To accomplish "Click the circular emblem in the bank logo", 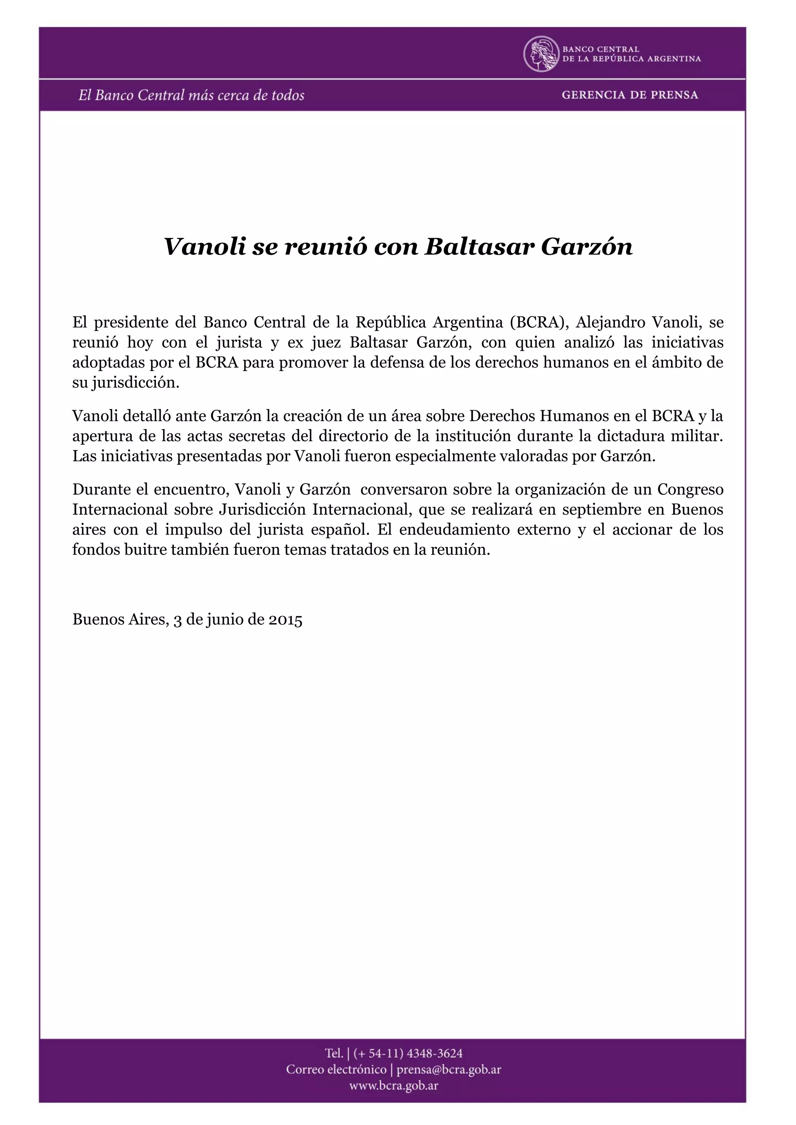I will click(541, 54).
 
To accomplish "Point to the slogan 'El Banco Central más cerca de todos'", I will click(191, 95).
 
